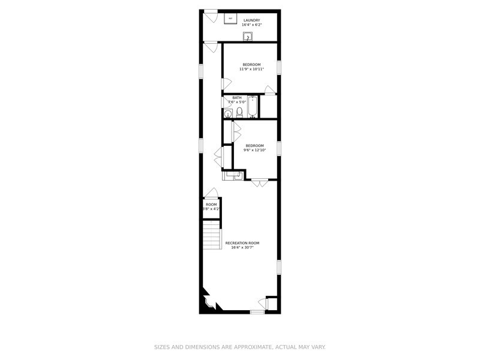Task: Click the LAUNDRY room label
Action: pos(251,20)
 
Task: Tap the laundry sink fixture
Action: pos(248,37)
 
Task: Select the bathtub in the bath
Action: pos(253,107)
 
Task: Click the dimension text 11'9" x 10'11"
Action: pos(251,69)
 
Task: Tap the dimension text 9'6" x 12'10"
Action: pos(254,150)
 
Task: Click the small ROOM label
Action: pos(211,205)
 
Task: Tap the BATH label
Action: pos(237,98)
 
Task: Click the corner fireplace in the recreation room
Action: pos(208,301)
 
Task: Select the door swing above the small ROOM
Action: pos(211,192)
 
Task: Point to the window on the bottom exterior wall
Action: pos(257,312)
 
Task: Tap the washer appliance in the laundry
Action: pos(230,19)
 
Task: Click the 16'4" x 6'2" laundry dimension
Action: pos(251,25)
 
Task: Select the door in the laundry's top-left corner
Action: pos(211,16)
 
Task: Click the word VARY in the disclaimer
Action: pos(316,347)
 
